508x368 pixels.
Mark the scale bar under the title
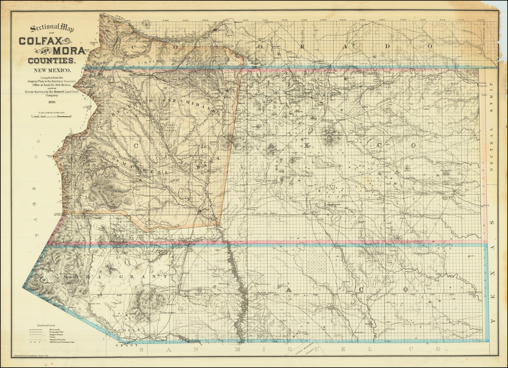point(52,117)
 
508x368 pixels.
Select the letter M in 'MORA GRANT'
point(65,276)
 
